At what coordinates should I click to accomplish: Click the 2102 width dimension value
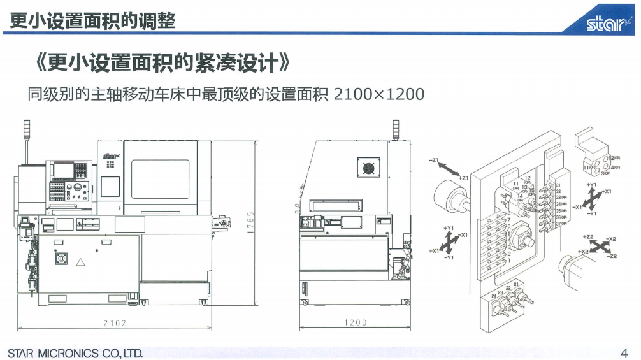(115, 323)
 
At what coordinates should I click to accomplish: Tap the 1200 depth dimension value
(356, 323)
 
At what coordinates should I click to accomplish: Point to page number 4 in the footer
(623, 352)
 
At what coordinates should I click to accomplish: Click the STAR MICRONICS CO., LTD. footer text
(75, 353)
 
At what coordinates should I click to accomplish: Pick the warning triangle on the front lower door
(80, 262)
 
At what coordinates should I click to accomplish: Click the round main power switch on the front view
(62, 259)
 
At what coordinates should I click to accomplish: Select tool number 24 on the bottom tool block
(494, 296)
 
